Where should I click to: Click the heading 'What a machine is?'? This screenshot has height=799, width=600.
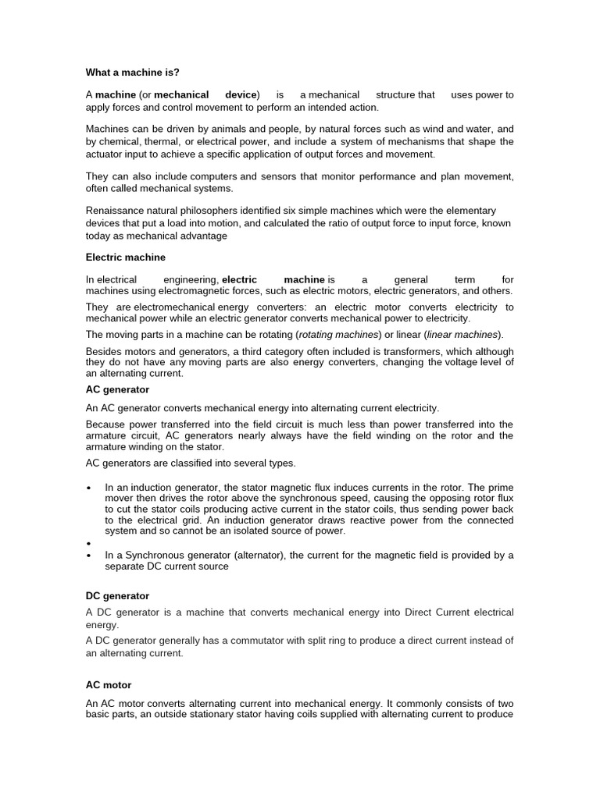tap(132, 73)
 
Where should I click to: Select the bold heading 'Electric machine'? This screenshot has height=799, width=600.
tap(125, 257)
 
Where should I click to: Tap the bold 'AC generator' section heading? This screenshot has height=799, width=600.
tap(117, 389)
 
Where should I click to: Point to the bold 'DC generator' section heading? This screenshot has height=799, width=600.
tap(117, 595)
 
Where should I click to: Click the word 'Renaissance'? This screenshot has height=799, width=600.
tap(114, 211)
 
